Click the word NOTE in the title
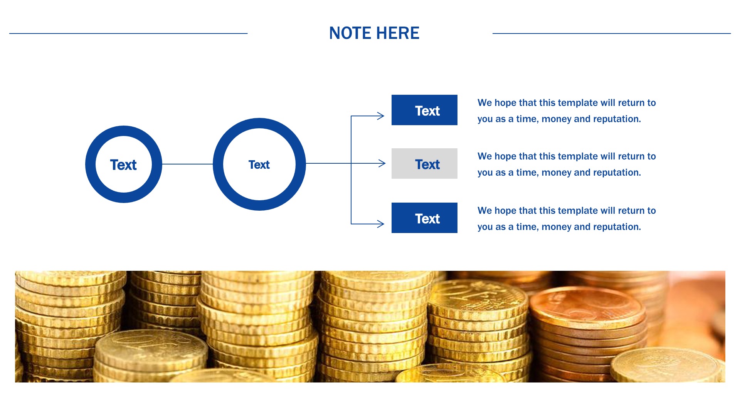click(350, 33)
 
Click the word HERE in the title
click(398, 33)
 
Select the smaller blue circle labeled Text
click(90, 164)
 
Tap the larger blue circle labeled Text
click(218, 164)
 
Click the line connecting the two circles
click(187, 164)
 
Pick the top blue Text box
click(424, 110)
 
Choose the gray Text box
click(424, 163)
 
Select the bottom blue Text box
click(424, 218)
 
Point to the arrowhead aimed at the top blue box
click(381, 116)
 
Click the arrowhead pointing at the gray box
click(382, 163)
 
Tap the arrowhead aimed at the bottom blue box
click(381, 224)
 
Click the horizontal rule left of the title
click(128, 34)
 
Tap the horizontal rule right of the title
click(612, 34)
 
